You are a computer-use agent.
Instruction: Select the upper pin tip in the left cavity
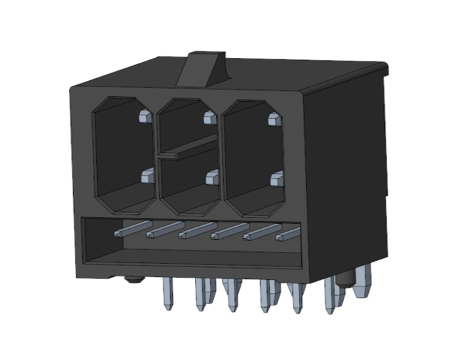click(x=144, y=117)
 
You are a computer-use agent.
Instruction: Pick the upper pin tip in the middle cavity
click(x=208, y=117)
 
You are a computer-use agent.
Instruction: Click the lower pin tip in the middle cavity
click(x=211, y=178)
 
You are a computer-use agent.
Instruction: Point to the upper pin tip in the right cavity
click(x=274, y=119)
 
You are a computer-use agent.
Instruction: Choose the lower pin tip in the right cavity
click(x=277, y=180)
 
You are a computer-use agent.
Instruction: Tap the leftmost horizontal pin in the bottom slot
click(x=132, y=227)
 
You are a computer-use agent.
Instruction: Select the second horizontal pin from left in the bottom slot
click(x=165, y=230)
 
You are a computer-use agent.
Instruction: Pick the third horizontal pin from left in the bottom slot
click(x=197, y=231)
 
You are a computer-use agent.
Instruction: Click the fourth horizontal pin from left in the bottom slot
click(x=229, y=232)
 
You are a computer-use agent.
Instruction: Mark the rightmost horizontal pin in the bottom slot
click(x=287, y=236)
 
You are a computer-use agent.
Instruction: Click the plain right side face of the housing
click(x=345, y=174)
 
